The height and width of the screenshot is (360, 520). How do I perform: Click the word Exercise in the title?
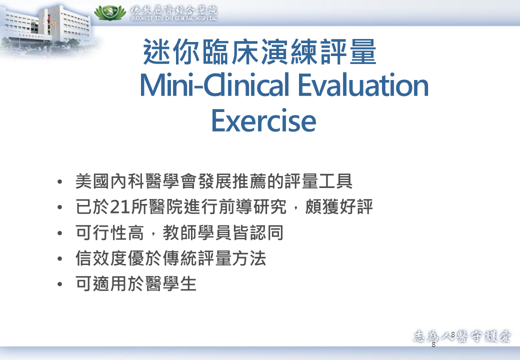[263, 120]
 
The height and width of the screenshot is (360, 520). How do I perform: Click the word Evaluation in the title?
[363, 85]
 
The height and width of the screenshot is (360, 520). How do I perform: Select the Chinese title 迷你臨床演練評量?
[259, 51]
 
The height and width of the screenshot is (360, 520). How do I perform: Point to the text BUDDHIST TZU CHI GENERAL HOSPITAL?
[174, 18]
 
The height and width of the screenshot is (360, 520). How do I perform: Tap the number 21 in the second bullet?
[119, 207]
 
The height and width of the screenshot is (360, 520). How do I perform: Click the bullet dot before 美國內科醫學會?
[59, 181]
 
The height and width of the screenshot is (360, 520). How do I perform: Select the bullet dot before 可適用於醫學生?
[59, 284]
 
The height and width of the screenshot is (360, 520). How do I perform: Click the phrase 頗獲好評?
[338, 206]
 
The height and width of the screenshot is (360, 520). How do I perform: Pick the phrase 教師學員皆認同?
[223, 232]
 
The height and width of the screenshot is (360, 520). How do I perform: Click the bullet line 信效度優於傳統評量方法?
[171, 258]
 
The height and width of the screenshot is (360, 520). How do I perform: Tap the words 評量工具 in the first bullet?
[318, 181]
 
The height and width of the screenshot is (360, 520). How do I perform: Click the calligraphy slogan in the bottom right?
[462, 336]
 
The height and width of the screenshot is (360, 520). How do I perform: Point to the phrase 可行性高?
[110, 232]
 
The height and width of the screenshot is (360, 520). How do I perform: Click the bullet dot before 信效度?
[59, 258]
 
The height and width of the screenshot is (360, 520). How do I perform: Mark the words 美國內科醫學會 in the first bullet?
[136, 181]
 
